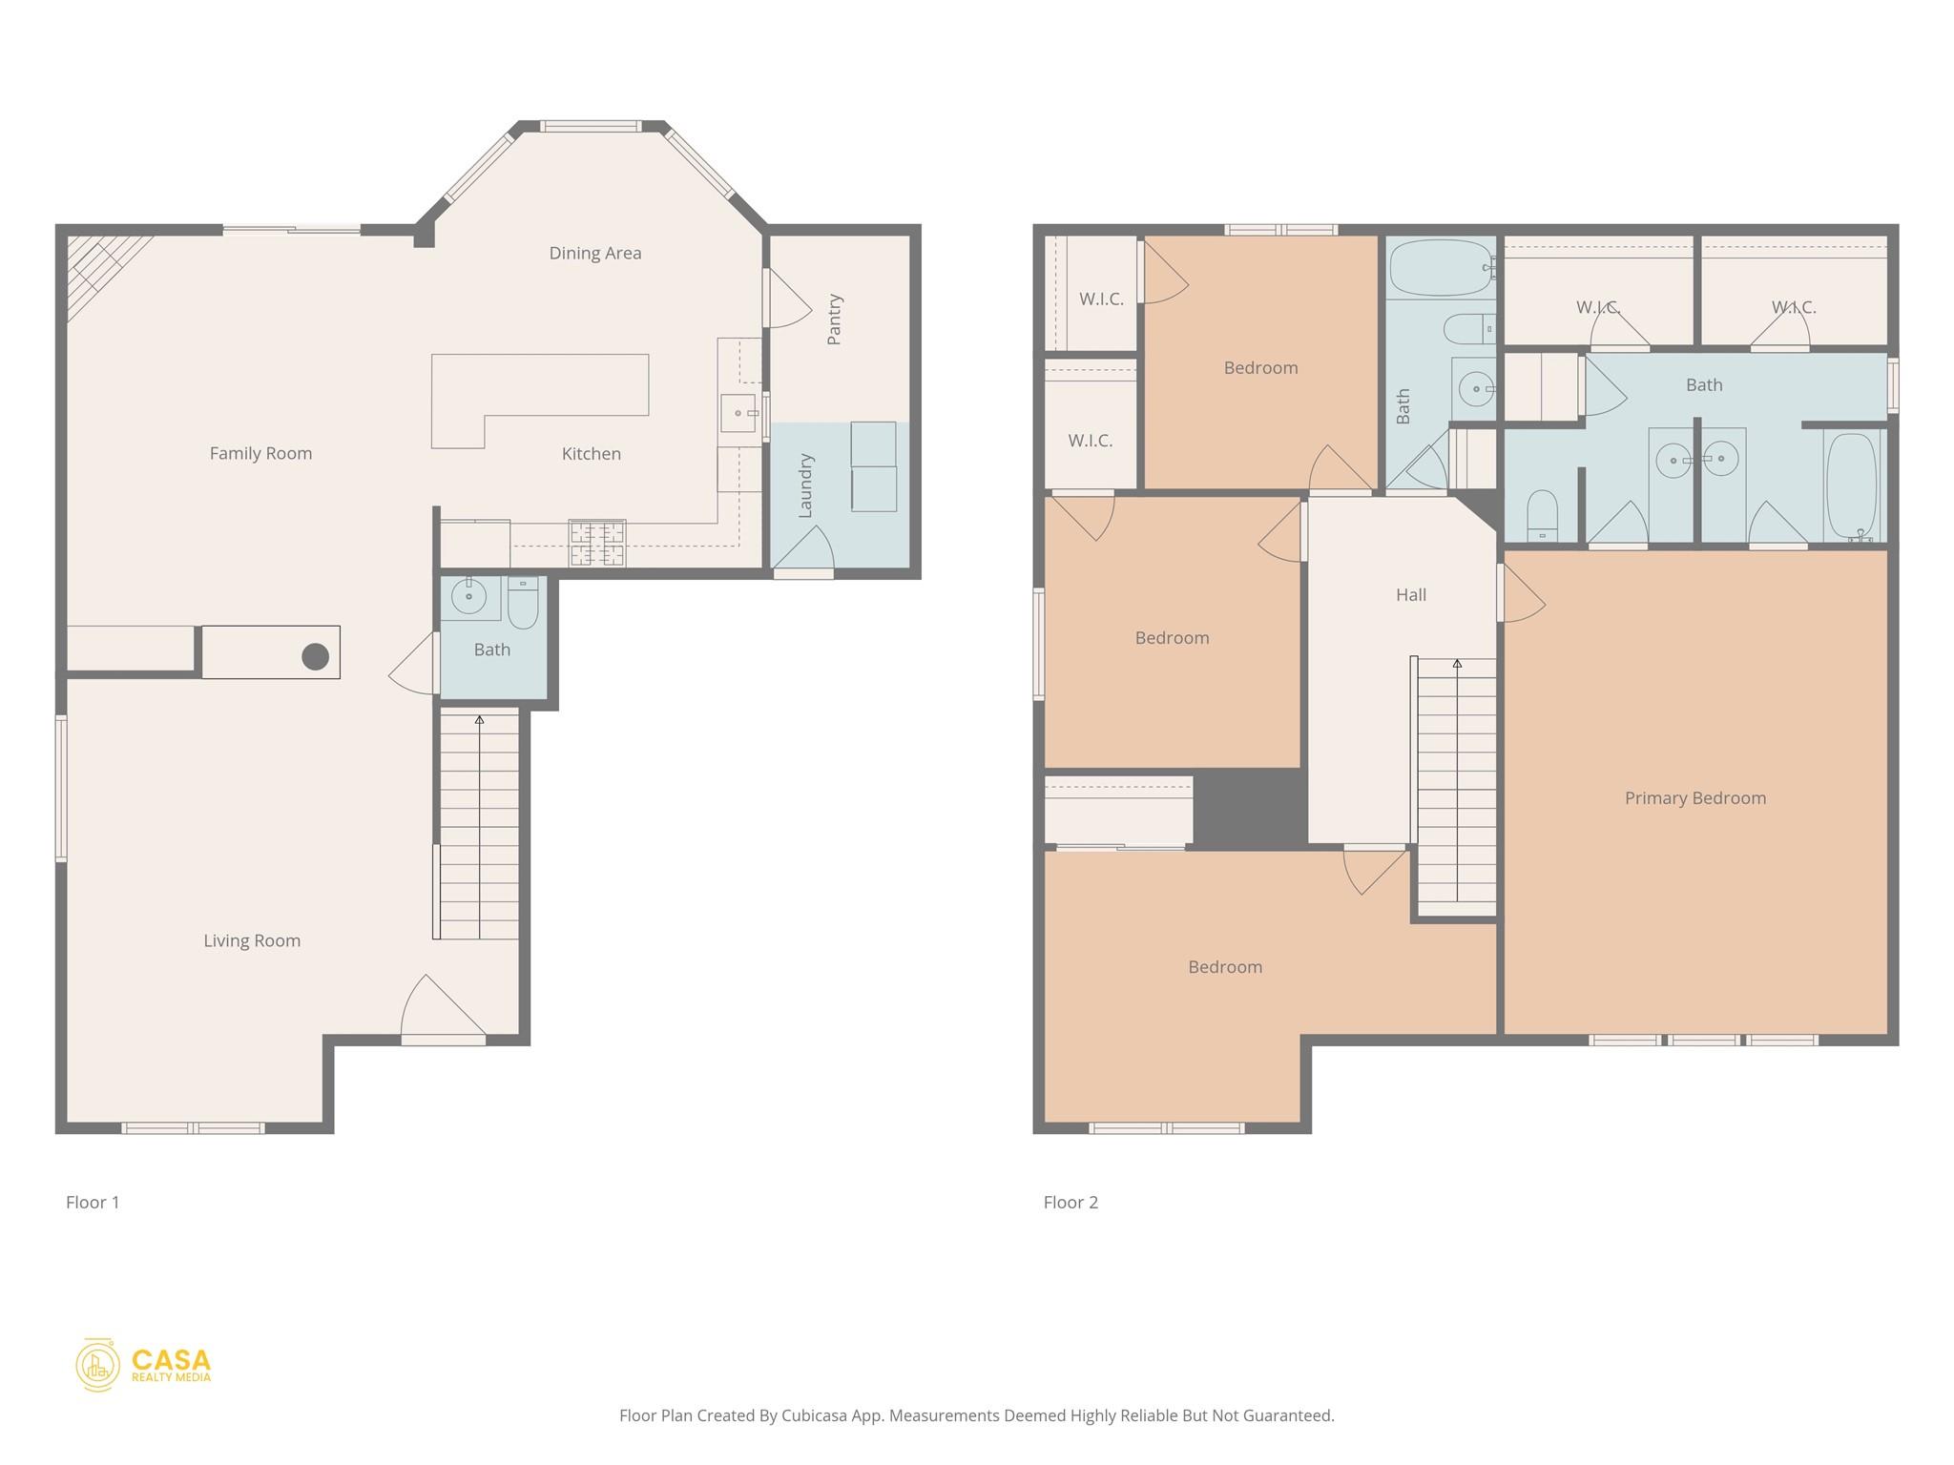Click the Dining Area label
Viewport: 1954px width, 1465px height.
(594, 253)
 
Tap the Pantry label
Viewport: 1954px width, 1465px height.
(834, 319)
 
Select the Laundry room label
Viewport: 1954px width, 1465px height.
(805, 485)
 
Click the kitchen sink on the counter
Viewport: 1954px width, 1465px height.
(738, 413)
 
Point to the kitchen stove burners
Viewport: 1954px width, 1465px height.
(597, 544)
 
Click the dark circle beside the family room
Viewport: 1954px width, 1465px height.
(316, 656)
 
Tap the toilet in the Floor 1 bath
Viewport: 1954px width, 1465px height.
(523, 603)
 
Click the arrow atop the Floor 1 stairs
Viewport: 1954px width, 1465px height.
(479, 720)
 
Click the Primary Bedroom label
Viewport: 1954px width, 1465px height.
(1694, 798)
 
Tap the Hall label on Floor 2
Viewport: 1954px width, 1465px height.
(1410, 595)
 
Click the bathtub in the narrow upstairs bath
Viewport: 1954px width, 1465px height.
(1440, 268)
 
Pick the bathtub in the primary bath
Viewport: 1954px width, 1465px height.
(1852, 486)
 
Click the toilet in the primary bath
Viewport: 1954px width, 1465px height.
(1542, 516)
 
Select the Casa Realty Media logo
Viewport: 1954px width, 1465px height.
(143, 1365)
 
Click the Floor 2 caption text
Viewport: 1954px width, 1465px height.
(1071, 1203)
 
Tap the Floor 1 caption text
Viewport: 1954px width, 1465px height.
(93, 1203)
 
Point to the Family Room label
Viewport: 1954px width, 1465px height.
(260, 454)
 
